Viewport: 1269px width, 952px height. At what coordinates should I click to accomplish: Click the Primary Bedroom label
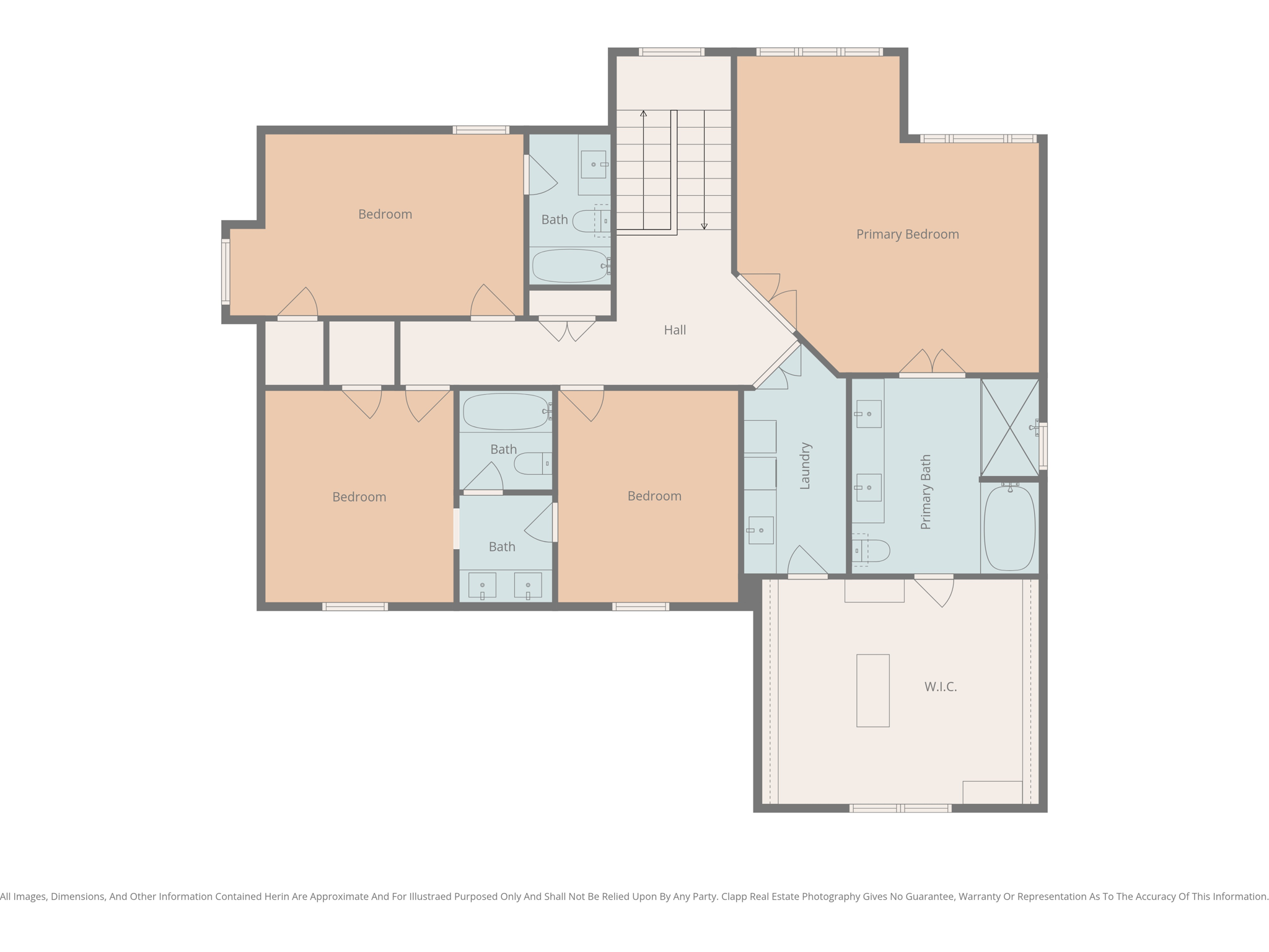(907, 234)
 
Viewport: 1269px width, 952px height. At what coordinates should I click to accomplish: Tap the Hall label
(675, 330)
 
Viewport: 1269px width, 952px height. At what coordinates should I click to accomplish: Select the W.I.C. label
(941, 687)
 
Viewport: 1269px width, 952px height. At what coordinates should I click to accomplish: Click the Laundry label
(805, 466)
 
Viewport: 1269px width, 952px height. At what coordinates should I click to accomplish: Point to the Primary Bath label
(926, 492)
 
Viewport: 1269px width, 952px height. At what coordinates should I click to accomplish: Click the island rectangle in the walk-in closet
(872, 690)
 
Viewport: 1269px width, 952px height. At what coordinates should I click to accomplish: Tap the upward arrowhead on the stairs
(644, 114)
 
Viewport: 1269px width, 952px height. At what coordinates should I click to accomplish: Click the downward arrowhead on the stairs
(704, 226)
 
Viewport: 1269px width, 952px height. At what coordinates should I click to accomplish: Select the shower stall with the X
(1010, 428)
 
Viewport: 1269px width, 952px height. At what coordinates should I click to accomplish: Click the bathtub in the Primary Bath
(1009, 528)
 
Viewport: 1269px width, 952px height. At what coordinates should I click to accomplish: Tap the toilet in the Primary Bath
(872, 550)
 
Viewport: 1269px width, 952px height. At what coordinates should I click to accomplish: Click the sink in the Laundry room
(760, 531)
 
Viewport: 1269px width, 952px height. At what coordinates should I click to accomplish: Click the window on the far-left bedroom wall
(226, 271)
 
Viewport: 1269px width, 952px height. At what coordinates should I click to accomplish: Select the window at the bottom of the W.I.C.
(900, 808)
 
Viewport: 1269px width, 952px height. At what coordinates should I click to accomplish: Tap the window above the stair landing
(672, 52)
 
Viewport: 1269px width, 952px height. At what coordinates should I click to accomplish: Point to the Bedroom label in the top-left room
(385, 214)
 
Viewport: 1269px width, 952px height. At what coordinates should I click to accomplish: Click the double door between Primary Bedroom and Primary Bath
(932, 366)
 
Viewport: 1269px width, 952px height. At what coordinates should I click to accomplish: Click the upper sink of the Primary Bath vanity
(869, 414)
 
